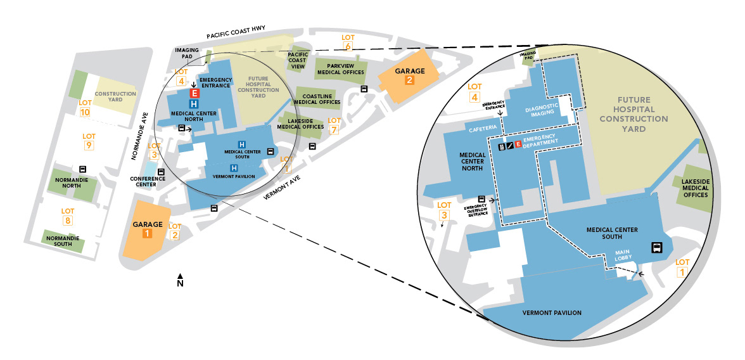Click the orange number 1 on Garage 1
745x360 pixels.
click(146, 233)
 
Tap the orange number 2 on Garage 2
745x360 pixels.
click(410, 80)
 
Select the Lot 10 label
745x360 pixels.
click(86, 112)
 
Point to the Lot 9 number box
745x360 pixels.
click(89, 146)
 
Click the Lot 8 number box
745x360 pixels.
click(68, 221)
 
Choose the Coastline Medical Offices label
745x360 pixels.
click(317, 99)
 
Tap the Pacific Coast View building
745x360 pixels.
click(298, 60)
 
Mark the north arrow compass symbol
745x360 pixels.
click(180, 280)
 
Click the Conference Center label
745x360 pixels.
click(148, 181)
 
